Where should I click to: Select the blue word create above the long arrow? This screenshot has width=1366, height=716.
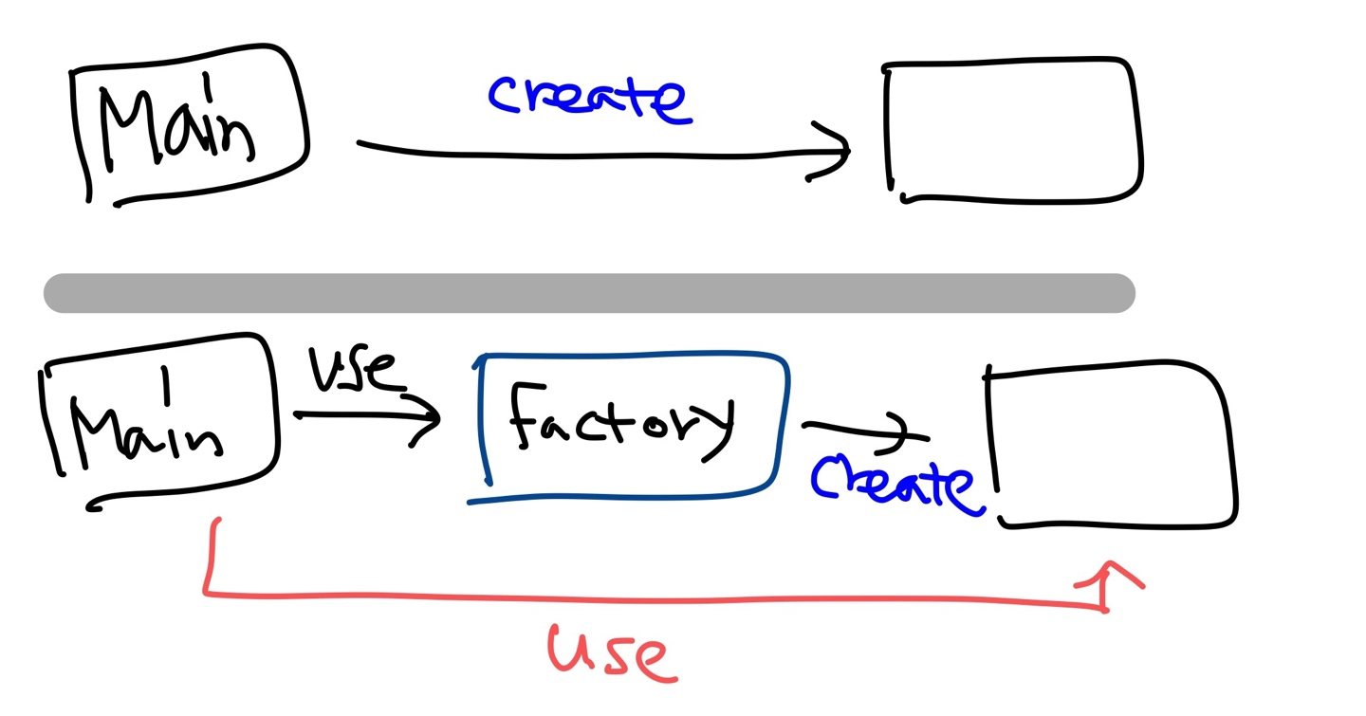coord(589,99)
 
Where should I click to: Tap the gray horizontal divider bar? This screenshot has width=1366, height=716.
coord(588,293)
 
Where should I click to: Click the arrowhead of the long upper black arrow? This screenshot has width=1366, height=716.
coord(833,150)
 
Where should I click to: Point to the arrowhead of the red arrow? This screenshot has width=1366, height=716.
coord(1108,577)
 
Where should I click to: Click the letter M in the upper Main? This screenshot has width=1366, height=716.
coord(128,128)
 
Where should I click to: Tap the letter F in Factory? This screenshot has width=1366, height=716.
coord(526,417)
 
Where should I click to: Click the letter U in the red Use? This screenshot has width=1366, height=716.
coord(569,649)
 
